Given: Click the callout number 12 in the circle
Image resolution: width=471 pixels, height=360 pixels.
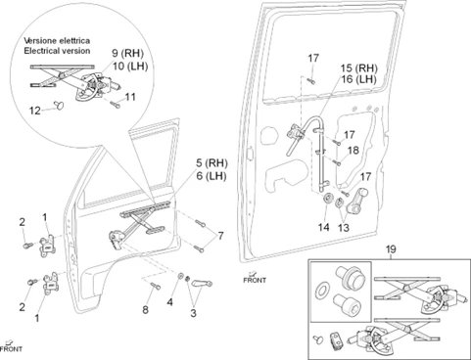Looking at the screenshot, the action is (x=34, y=111).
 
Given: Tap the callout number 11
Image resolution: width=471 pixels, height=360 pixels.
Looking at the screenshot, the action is (x=130, y=97).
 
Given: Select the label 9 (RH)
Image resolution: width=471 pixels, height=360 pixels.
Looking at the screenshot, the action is (x=127, y=53).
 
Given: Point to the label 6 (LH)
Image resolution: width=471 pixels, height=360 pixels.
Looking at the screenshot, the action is (x=212, y=176).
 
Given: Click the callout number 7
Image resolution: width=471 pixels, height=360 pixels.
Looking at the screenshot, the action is (x=221, y=236).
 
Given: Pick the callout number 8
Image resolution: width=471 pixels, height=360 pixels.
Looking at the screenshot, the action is (x=145, y=309).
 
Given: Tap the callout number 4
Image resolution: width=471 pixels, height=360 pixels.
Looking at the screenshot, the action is (x=169, y=302).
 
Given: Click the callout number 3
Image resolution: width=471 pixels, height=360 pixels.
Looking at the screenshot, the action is (x=193, y=313).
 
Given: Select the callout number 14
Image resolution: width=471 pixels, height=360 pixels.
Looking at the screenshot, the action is (x=324, y=227).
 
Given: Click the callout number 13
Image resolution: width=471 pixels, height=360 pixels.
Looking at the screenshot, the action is (x=344, y=227).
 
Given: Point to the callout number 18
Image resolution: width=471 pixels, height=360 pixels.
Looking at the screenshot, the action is (x=353, y=151).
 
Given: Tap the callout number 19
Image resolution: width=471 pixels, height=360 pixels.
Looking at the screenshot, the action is (x=391, y=249).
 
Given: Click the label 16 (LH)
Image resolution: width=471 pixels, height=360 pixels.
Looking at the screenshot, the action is (x=358, y=79).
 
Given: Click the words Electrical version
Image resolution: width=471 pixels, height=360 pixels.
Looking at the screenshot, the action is (x=57, y=51).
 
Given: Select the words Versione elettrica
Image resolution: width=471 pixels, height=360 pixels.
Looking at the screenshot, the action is (x=57, y=41).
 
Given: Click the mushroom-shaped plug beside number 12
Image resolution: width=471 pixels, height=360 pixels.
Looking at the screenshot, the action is (x=59, y=105).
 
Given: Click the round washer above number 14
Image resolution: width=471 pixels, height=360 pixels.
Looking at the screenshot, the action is (x=327, y=198).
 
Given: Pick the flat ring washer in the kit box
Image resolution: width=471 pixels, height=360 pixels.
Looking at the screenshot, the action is (x=323, y=290).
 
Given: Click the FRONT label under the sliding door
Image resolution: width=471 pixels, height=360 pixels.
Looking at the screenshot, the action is (x=255, y=280).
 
